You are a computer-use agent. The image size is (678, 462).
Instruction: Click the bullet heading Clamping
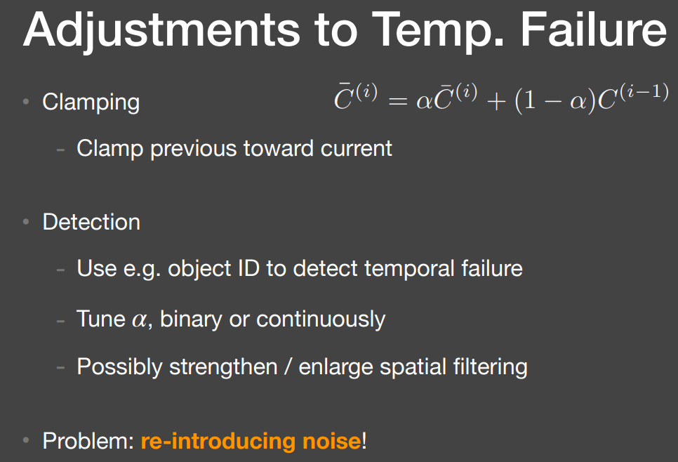tap(91, 103)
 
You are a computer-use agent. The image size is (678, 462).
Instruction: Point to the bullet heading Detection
tap(91, 222)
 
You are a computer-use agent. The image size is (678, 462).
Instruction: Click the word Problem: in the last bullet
tap(88, 441)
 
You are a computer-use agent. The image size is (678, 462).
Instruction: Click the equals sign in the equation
tap(397, 102)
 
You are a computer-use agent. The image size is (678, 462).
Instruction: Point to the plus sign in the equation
tap(496, 102)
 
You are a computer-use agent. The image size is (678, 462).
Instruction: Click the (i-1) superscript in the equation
tap(644, 91)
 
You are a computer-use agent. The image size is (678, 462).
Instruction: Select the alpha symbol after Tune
tap(139, 321)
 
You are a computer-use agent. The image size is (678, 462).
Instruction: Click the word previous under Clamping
tap(194, 150)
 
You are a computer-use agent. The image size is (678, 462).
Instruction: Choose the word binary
tap(191, 319)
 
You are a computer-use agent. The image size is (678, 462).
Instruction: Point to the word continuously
tap(321, 319)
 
